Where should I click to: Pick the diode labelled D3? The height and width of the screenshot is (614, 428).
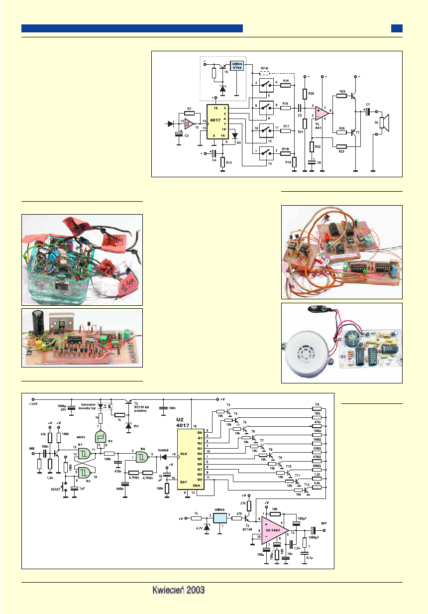pyautogui.click(x=235, y=135)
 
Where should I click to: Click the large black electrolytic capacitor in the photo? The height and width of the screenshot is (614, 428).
pyautogui.click(x=37, y=324)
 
